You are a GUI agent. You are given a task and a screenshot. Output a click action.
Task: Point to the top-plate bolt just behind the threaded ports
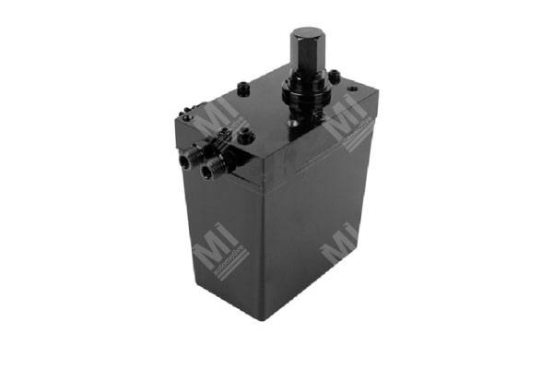coord(243,137)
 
